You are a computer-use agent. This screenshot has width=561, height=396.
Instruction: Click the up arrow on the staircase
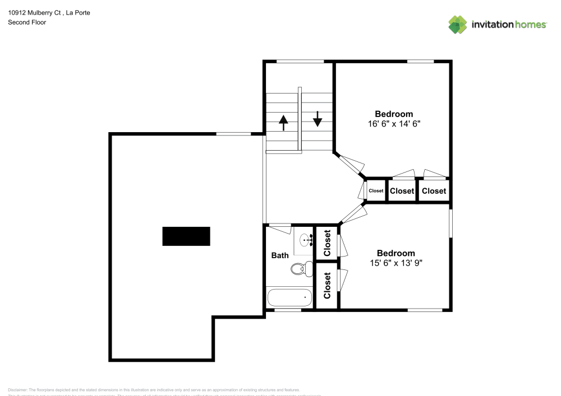point(283,122)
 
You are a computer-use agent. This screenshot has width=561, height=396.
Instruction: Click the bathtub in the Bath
point(289,297)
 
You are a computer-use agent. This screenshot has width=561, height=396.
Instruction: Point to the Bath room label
point(280,255)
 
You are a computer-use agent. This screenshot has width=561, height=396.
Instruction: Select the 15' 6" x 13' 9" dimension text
point(396,263)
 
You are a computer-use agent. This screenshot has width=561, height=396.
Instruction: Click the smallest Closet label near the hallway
point(376,191)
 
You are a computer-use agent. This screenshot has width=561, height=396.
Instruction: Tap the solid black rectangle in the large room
point(186,236)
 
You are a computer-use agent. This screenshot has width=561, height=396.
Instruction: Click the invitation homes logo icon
point(458,24)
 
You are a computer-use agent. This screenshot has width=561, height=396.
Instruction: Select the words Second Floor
point(27,22)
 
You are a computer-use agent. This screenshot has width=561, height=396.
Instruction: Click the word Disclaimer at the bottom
point(18,390)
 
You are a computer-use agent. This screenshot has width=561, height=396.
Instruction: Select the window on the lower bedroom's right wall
point(450,222)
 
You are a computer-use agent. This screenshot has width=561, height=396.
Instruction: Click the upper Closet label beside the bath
point(327,243)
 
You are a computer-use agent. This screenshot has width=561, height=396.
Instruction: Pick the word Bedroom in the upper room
point(394,114)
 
